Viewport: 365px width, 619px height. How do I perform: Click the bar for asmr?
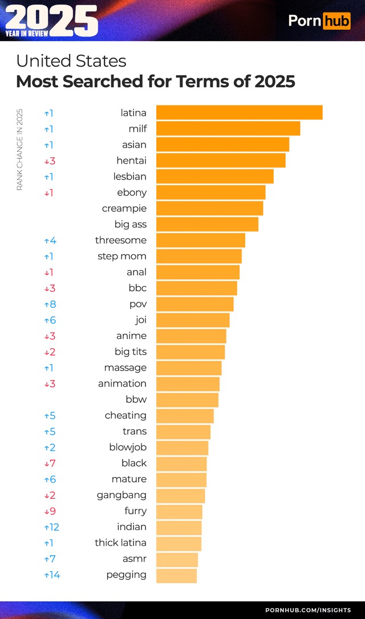click(x=177, y=560)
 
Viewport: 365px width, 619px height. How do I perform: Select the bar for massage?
click(x=189, y=368)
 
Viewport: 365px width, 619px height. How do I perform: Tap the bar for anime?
click(x=191, y=336)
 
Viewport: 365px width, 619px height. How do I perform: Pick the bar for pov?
click(x=194, y=304)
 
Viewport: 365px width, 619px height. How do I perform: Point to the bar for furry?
click(x=179, y=512)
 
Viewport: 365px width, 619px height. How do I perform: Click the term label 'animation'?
click(x=122, y=384)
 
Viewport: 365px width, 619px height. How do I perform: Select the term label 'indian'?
click(x=132, y=527)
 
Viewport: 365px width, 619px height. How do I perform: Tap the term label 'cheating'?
click(x=125, y=416)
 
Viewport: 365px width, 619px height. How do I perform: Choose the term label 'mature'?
click(x=129, y=479)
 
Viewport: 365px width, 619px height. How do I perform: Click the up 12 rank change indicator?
click(x=51, y=527)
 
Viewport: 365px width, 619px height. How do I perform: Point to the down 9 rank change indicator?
click(x=50, y=511)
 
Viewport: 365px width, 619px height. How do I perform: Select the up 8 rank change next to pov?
click(x=50, y=304)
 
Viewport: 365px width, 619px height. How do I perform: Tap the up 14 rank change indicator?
click(x=52, y=575)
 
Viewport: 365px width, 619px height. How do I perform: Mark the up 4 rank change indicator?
click(x=50, y=241)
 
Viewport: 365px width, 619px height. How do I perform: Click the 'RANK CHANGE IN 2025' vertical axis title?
click(x=19, y=149)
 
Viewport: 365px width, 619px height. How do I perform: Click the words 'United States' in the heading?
click(x=71, y=61)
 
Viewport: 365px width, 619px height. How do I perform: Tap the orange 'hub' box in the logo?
click(x=336, y=21)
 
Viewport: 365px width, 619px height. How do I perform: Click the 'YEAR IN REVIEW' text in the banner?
click(x=27, y=34)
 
